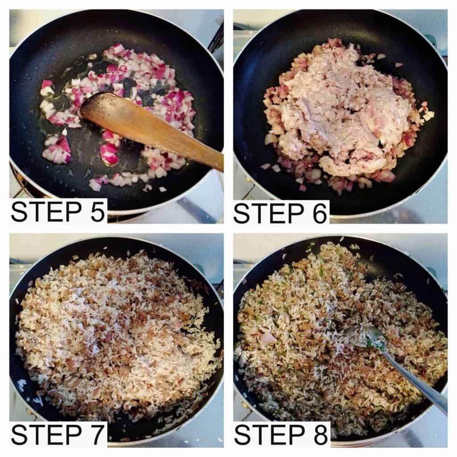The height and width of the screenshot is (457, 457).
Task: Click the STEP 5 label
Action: tap(58, 212)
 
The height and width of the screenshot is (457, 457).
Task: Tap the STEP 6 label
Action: tap(280, 213)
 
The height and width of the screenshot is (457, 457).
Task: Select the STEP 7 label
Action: tap(58, 435)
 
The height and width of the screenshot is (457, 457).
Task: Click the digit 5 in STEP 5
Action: tap(97, 212)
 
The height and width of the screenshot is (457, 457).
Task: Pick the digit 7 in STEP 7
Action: tap(97, 435)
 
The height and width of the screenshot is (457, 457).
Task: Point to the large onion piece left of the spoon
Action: tap(268, 338)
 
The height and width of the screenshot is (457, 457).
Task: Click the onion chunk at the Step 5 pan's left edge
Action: tap(46, 85)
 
